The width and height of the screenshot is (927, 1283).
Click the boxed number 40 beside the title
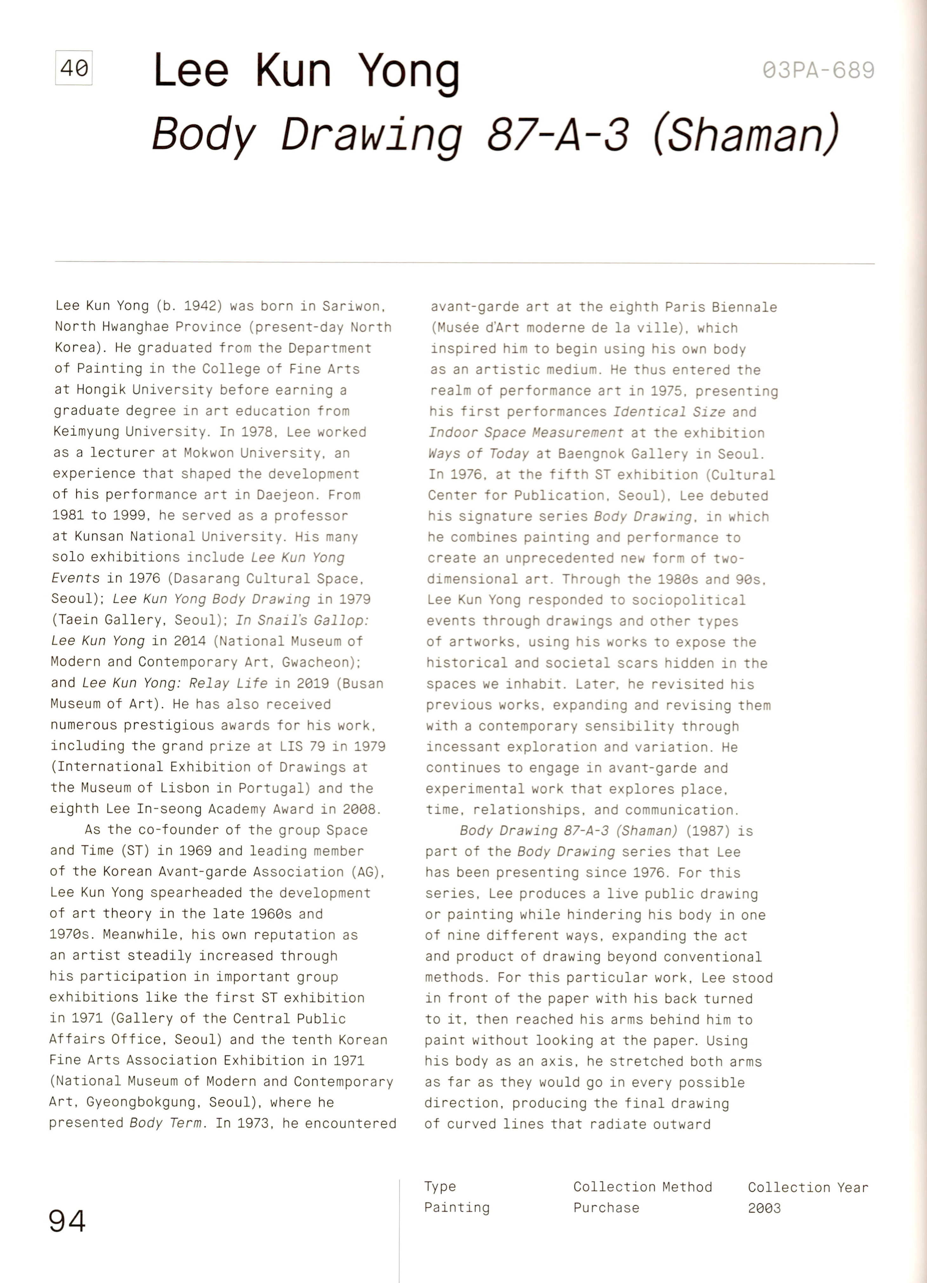tap(73, 68)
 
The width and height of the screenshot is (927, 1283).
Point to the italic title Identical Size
tap(669, 412)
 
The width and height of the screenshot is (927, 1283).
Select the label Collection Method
tap(642, 1187)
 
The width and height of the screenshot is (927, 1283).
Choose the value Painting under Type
tap(457, 1207)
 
